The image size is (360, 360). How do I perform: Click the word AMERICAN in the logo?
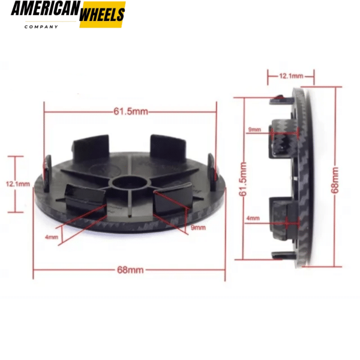coord(44,11)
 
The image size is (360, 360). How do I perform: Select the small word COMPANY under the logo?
coord(41,27)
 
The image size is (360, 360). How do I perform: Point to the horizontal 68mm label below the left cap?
coord(130,270)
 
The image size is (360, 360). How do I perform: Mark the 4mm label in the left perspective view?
coord(52,237)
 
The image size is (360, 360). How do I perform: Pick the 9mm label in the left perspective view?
coord(197,228)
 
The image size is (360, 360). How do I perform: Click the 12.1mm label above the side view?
coord(291,77)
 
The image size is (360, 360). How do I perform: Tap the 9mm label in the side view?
coord(254,130)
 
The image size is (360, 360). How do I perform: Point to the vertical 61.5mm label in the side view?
coord(242,180)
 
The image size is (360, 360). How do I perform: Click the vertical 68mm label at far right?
coord(334,179)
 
